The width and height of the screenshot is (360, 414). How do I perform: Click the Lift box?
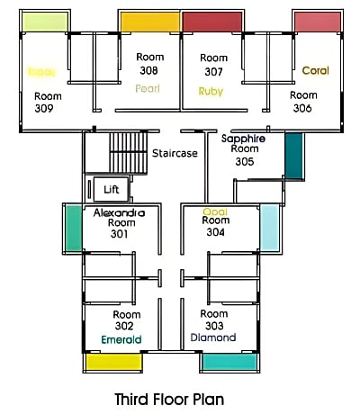coord(111,189)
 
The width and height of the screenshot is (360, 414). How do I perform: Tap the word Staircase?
coord(175,153)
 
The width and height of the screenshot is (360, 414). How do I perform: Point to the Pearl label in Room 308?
coord(148,88)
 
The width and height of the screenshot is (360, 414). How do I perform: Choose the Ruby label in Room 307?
coord(211,91)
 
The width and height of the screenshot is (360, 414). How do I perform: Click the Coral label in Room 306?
coord(315,70)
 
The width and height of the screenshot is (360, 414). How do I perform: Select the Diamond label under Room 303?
coord(213,337)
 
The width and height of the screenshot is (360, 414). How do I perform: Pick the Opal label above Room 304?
coord(215,211)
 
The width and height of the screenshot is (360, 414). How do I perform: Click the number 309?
coord(44,108)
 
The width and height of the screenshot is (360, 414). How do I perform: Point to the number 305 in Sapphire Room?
coord(244,163)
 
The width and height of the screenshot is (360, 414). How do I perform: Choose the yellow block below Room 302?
coord(113,362)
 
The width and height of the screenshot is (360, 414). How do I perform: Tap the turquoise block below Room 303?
coord(229,362)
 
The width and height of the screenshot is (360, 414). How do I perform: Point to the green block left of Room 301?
coord(72,229)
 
